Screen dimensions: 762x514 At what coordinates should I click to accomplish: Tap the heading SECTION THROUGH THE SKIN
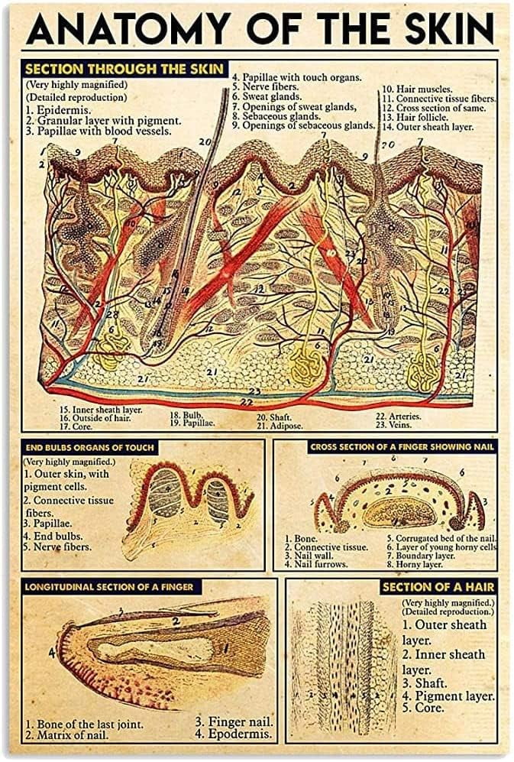coord(124,69)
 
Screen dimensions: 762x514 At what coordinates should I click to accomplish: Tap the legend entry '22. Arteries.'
coord(399,417)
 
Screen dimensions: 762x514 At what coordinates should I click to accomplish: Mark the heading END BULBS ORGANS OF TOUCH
coord(89,447)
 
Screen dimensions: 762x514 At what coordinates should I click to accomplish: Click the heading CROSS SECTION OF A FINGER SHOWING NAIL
coord(402,446)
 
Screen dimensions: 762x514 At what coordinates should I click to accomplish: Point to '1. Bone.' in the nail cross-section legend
coord(302,538)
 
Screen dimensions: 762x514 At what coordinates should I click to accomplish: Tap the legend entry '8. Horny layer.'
coord(417,564)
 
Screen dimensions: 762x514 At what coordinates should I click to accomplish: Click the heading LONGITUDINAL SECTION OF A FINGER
coord(108,587)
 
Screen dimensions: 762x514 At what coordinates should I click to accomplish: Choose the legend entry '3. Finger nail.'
coord(234,721)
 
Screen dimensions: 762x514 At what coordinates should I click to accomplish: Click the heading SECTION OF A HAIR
coord(438,587)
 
